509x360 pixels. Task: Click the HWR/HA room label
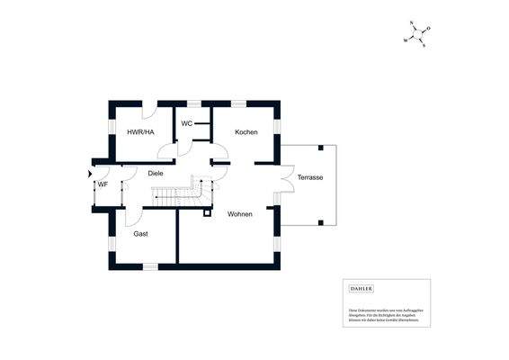click(140, 132)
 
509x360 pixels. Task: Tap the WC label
click(186, 123)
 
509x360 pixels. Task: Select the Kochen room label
click(246, 132)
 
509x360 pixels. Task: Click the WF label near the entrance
click(103, 184)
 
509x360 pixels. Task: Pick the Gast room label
click(140, 233)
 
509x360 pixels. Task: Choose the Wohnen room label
click(239, 214)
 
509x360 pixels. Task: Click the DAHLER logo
click(360, 288)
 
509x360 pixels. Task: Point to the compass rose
click(416, 35)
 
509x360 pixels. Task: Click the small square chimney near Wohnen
click(208, 213)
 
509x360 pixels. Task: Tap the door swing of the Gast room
click(132, 216)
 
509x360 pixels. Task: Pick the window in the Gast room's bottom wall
click(150, 266)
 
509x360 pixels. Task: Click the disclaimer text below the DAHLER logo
click(385, 314)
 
